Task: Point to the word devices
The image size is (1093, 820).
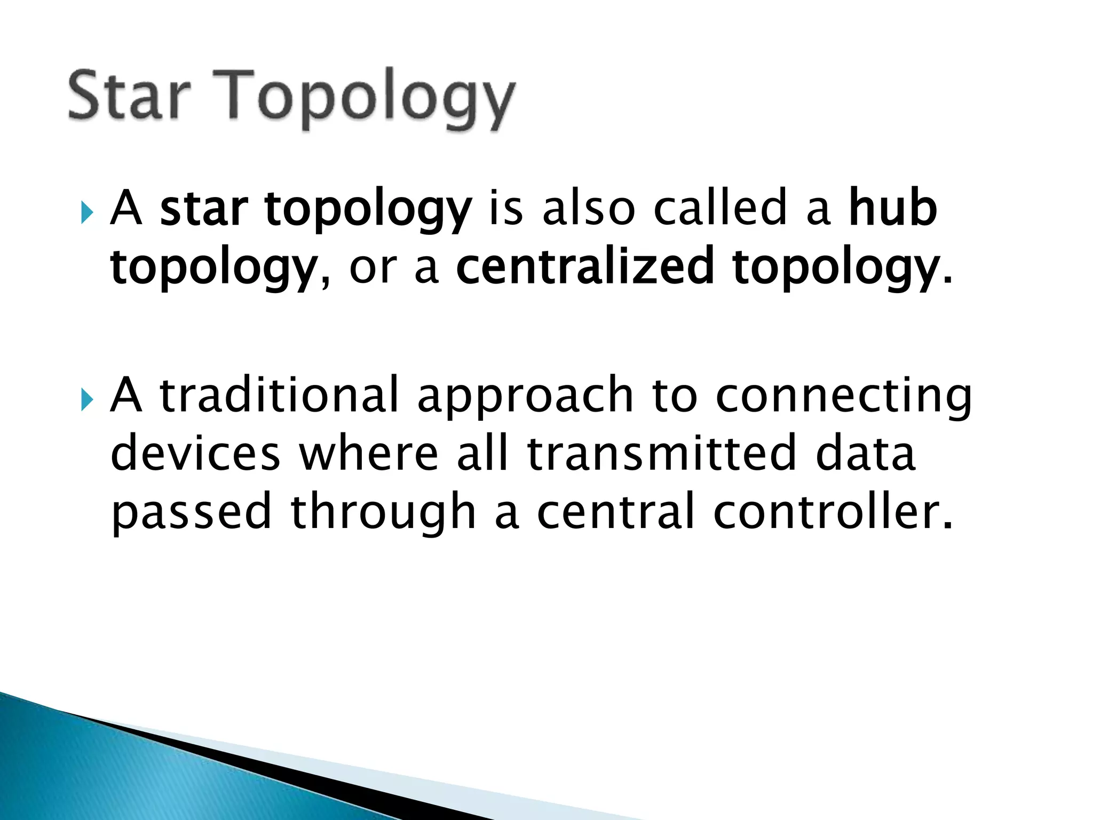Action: click(x=195, y=454)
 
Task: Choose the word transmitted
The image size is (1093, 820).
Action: click(x=661, y=454)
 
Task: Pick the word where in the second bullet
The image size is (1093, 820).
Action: click(x=368, y=454)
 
